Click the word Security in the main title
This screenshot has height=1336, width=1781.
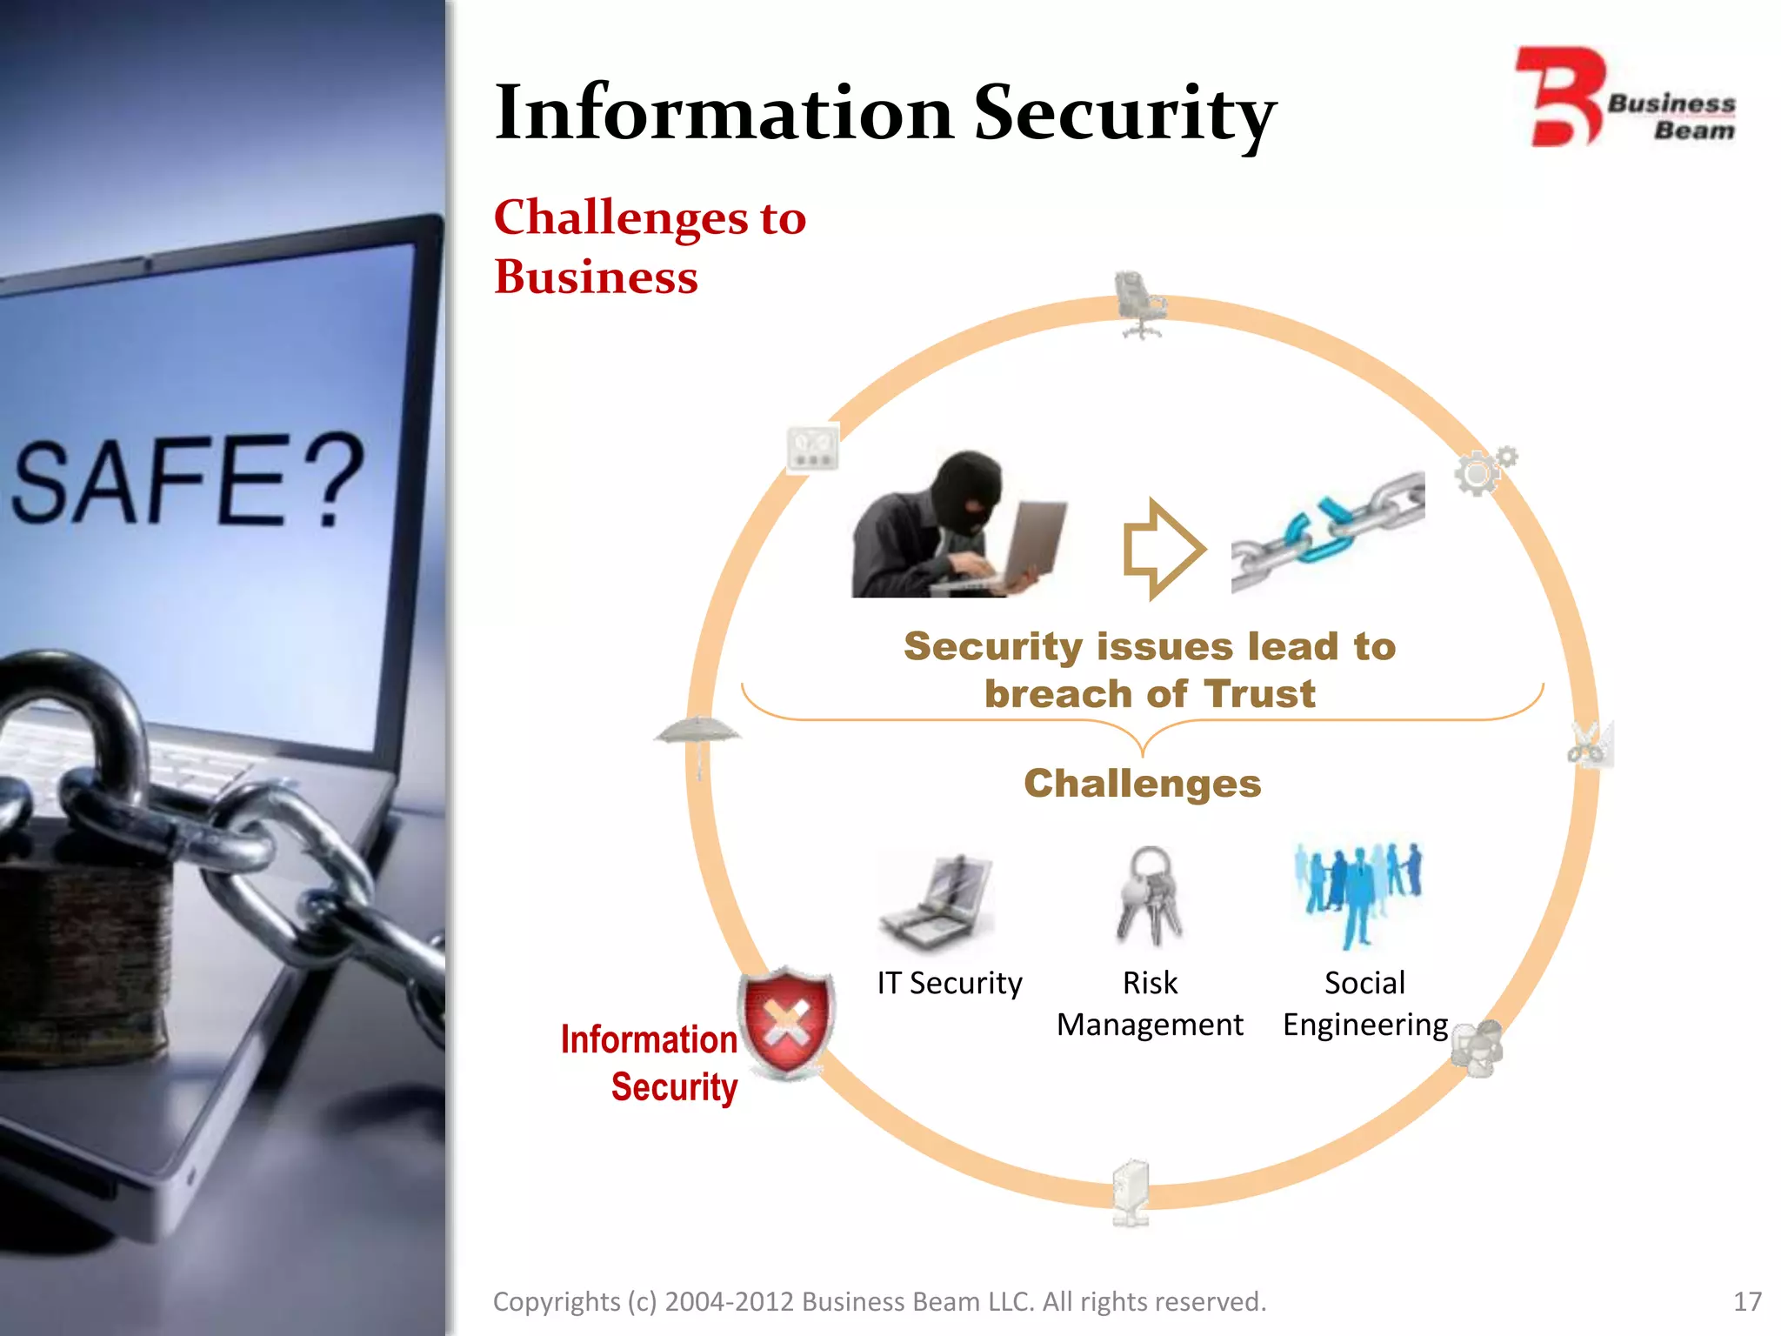[1124, 113]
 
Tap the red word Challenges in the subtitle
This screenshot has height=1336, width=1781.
[621, 217]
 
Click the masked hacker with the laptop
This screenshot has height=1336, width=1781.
[957, 525]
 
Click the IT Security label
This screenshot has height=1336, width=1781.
[949, 983]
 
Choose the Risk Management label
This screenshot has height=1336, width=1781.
[1149, 1004]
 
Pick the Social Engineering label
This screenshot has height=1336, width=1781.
[1364, 1004]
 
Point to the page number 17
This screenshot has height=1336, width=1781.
[1746, 1301]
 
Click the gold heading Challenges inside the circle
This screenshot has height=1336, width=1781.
[1142, 783]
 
